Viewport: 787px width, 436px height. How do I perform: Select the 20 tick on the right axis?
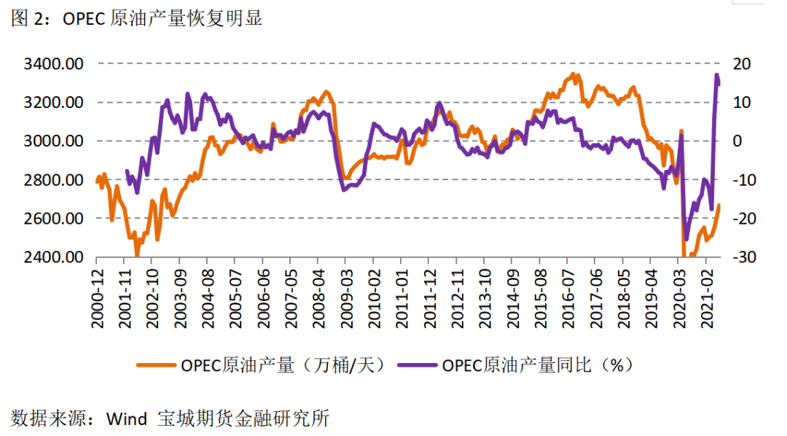click(741, 64)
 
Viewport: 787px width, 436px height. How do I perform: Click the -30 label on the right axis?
click(740, 257)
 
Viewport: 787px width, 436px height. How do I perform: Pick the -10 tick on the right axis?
click(740, 180)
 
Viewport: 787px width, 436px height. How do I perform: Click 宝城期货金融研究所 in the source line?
click(243, 419)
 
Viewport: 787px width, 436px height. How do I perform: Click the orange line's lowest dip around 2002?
click(137, 254)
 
